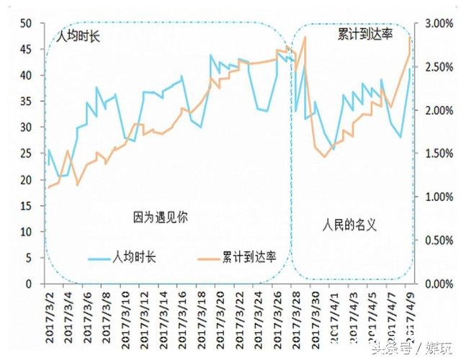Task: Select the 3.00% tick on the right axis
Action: pos(437,23)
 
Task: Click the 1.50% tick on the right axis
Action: pos(437,153)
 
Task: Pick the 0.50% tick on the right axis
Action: pos(437,240)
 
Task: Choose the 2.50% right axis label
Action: pos(437,66)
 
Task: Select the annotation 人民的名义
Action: pos(349,225)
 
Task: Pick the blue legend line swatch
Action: pos(101,257)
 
